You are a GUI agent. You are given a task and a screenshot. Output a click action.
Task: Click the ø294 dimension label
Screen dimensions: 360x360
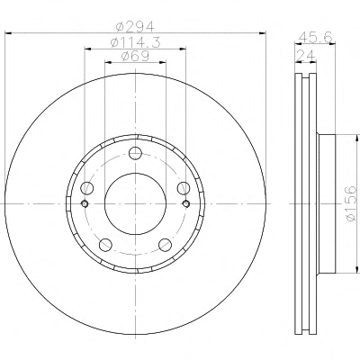pyautogui.click(x=135, y=27)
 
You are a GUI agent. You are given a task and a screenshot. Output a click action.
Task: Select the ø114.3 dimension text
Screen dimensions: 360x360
pyautogui.click(x=135, y=42)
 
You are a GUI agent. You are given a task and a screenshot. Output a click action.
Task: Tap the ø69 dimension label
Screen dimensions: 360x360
pyautogui.click(x=135, y=57)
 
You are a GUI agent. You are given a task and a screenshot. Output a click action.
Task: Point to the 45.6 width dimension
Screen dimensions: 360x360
pyautogui.click(x=316, y=38)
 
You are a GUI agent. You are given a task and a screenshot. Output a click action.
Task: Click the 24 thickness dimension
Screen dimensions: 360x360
pyautogui.click(x=306, y=56)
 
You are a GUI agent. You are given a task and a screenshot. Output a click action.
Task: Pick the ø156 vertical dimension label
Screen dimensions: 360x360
pyautogui.click(x=350, y=203)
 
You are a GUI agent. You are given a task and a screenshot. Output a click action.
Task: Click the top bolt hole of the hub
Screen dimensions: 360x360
pyautogui.click(x=135, y=153)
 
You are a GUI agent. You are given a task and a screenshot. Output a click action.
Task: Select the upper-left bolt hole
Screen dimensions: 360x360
pyautogui.click(x=87, y=188)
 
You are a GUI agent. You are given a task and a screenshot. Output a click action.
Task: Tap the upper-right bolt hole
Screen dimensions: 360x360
pyautogui.click(x=184, y=188)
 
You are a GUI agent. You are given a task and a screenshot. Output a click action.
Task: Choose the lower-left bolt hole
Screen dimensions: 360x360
pyautogui.click(x=105, y=245)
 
